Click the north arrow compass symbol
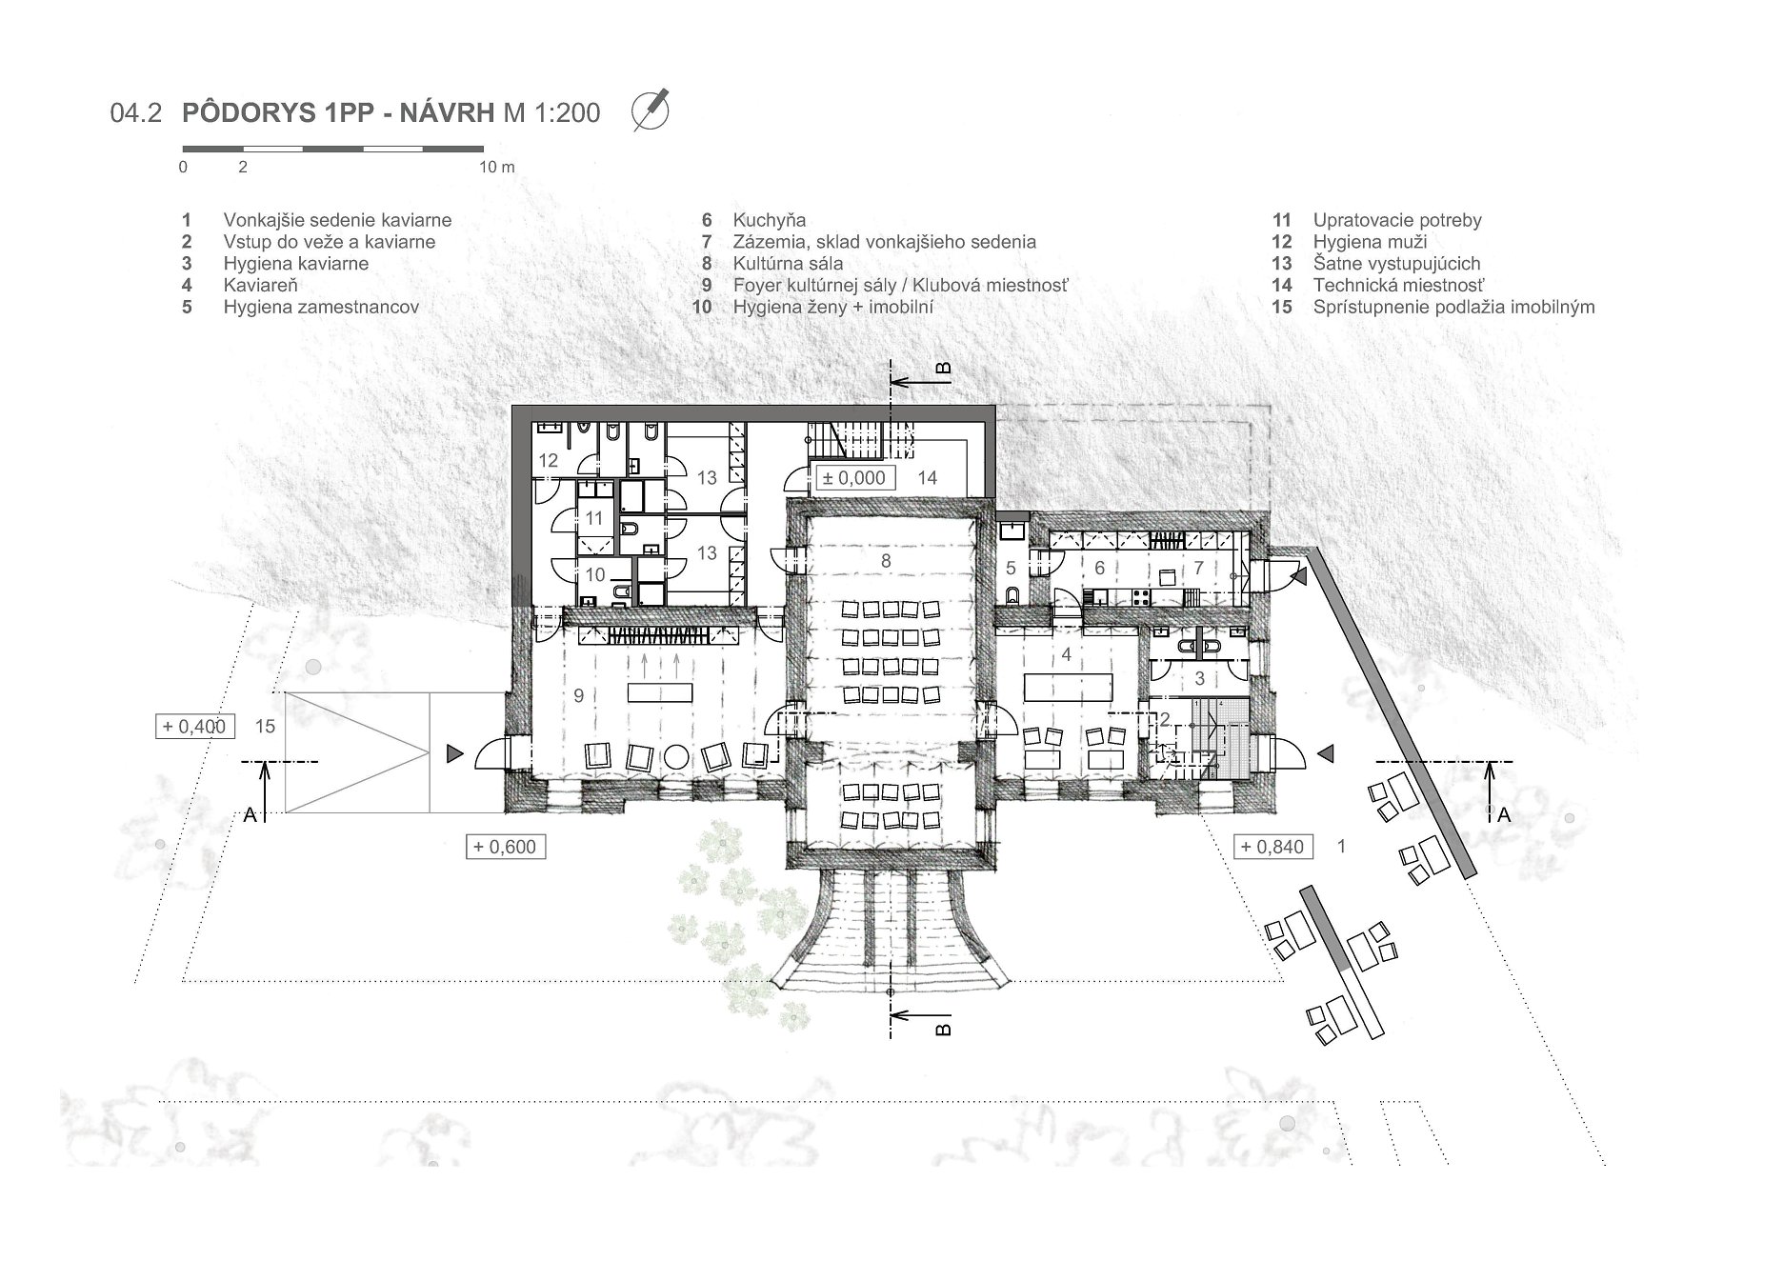(651, 110)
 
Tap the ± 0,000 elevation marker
(853, 477)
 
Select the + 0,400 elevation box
(194, 727)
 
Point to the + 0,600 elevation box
(506, 846)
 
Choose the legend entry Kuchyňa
(769, 220)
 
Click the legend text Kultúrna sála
(788, 264)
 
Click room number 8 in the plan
(886, 561)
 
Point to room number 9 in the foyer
(578, 696)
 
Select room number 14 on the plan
(927, 477)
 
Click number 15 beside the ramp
(265, 727)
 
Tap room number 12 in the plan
(548, 461)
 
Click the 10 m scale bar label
(496, 167)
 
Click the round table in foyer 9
(677, 757)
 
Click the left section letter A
(250, 814)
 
